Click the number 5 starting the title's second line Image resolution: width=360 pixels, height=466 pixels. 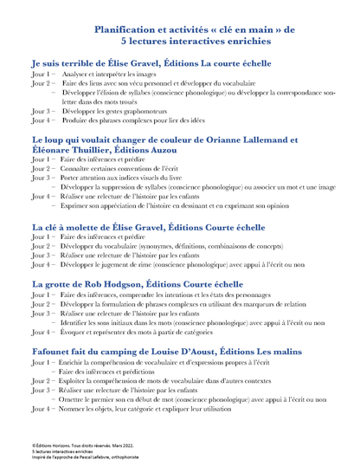(125, 41)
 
